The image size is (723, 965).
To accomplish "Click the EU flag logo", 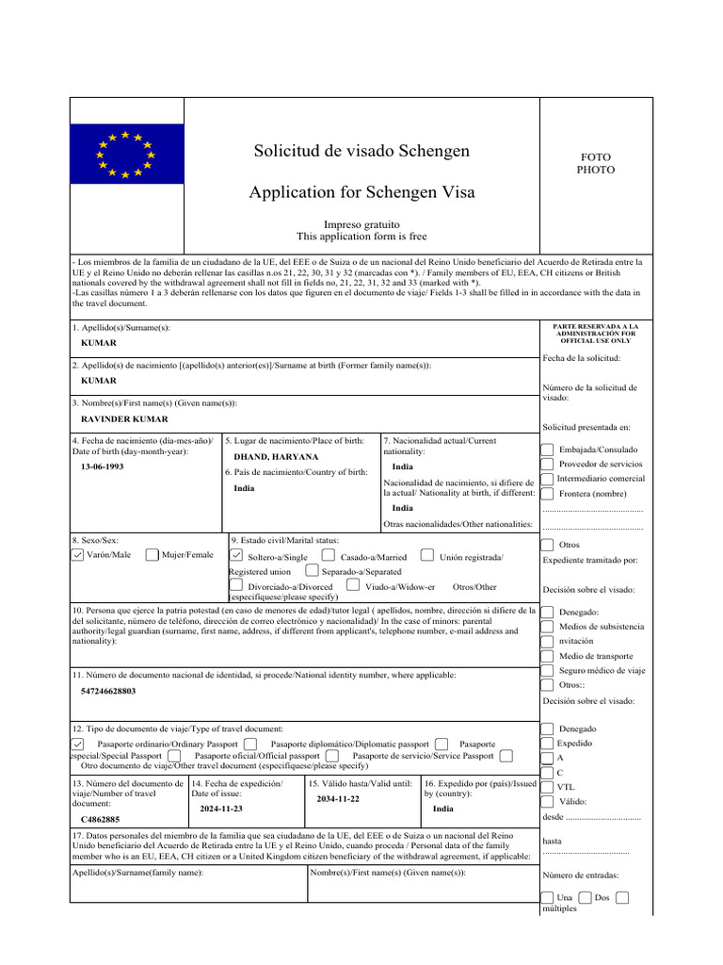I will pyautogui.click(x=125, y=154).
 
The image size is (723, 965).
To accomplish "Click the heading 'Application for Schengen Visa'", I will pyautogui.click(x=361, y=192).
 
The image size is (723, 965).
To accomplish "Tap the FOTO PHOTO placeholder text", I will pyautogui.click(x=595, y=164).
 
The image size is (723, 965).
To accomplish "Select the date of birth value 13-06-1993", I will pyautogui.click(x=102, y=466).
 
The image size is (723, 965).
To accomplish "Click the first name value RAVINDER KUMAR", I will pyautogui.click(x=125, y=418).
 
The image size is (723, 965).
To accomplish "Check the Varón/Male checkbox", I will pyautogui.click(x=77, y=555).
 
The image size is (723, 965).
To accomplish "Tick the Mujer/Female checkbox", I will pyautogui.click(x=153, y=555).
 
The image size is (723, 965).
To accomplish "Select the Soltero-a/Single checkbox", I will pyautogui.click(x=236, y=555).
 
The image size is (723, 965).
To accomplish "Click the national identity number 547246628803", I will pyautogui.click(x=108, y=691).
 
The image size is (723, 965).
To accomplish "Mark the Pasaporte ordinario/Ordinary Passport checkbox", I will pyautogui.click(x=77, y=744).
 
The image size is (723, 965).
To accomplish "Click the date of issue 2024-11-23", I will pyautogui.click(x=221, y=809).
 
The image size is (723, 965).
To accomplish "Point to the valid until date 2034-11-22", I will pyautogui.click(x=338, y=798).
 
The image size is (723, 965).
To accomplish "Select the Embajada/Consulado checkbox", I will pyautogui.click(x=547, y=450).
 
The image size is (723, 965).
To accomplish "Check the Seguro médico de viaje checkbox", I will pyautogui.click(x=547, y=670).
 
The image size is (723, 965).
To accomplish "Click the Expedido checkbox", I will pyautogui.click(x=547, y=743).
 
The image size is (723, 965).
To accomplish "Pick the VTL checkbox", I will pyautogui.click(x=547, y=786).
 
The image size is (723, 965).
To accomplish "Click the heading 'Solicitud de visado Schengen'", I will pyautogui.click(x=361, y=152).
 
